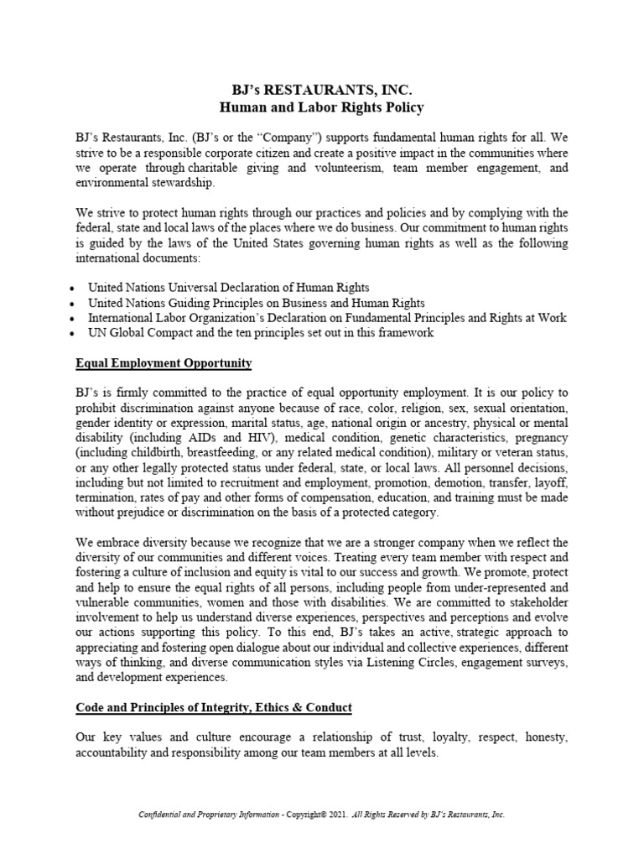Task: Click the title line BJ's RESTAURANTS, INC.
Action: (322, 90)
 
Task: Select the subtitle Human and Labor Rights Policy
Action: (322, 107)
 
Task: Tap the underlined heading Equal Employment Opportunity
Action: (164, 363)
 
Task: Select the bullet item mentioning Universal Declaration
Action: (229, 287)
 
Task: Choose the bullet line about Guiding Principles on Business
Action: (256, 302)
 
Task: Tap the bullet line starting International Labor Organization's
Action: (327, 317)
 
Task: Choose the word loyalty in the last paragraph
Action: (453, 737)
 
